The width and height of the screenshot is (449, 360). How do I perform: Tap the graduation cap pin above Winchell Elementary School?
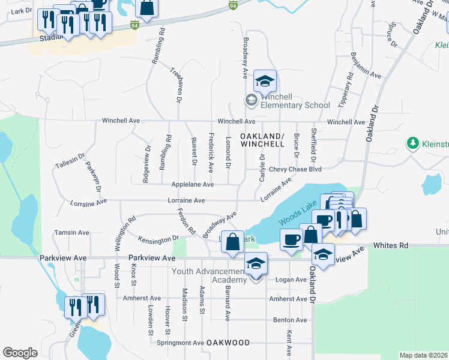(x=265, y=82)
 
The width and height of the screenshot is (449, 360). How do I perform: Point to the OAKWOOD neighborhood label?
(x=228, y=343)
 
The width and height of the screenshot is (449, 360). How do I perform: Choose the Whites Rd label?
(x=390, y=245)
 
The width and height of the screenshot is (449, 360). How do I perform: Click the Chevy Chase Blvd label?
(x=287, y=169)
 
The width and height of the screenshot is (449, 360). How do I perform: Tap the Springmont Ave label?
(x=180, y=343)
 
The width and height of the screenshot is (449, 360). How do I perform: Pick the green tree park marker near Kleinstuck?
(x=413, y=143)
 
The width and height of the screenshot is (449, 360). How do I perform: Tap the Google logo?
(x=20, y=352)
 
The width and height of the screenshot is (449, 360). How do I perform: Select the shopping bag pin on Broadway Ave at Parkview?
(x=233, y=242)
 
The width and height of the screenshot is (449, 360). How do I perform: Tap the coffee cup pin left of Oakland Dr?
(x=292, y=240)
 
